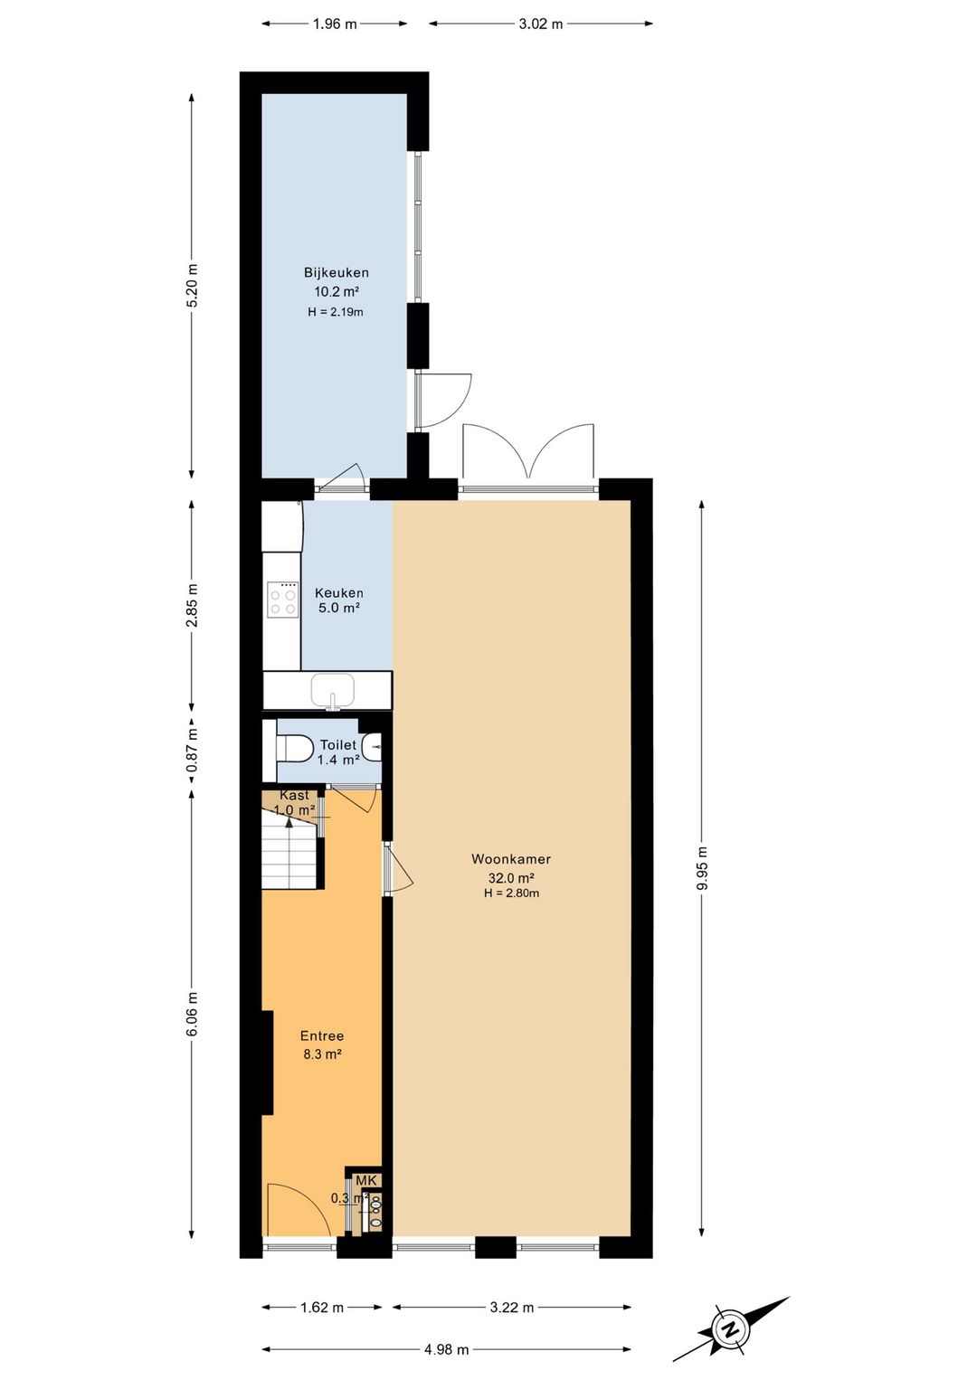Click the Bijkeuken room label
[336, 272]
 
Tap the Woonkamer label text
[511, 859]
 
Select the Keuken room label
[339, 593]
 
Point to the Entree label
[322, 1036]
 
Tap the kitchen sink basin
[333, 689]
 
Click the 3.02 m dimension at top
[541, 24]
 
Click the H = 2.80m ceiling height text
[512, 893]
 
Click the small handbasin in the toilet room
[373, 749]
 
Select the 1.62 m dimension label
[321, 1308]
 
